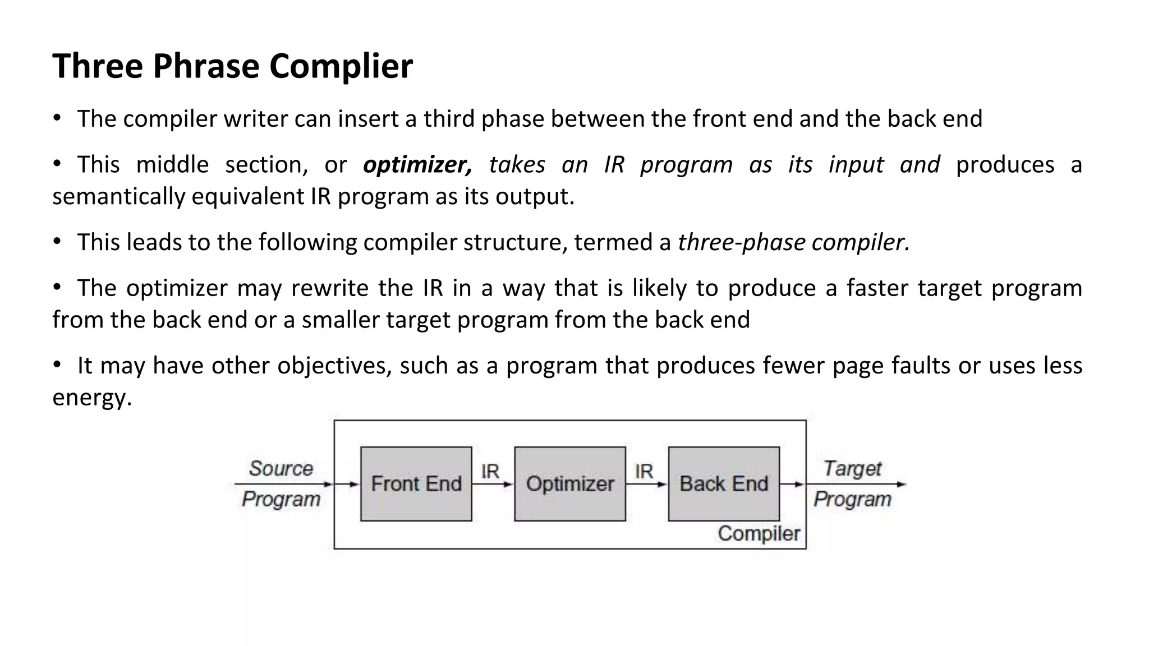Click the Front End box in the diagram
coord(416,483)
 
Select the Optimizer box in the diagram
coord(569,483)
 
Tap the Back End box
coord(723,483)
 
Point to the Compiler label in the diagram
coord(759,533)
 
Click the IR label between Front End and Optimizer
coord(490,471)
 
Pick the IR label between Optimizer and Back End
coord(644,471)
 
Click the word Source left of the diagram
coord(281,468)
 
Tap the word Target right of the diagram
coord(852,468)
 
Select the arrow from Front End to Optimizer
coord(493,484)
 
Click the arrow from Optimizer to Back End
coord(646,484)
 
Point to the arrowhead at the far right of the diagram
coord(902,484)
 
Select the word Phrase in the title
coord(205,66)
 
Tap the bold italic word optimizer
coord(417,165)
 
